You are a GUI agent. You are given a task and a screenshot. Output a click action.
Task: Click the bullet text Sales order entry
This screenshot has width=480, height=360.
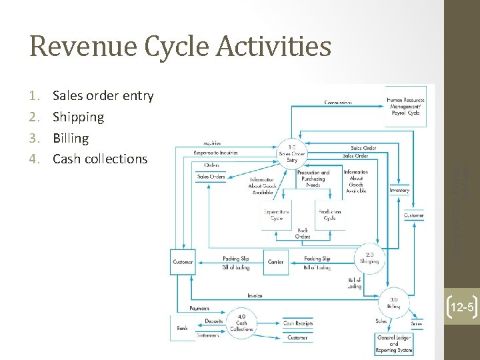(103, 96)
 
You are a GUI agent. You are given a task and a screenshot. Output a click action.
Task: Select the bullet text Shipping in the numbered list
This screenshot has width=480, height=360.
(78, 117)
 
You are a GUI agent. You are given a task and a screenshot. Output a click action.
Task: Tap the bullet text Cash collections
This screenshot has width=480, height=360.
(100, 159)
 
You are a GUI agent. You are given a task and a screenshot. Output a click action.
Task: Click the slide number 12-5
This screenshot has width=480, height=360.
(461, 307)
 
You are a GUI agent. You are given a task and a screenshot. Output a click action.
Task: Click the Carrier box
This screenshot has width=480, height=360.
(275, 262)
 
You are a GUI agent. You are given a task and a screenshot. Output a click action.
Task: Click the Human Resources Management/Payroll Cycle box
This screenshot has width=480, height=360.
(405, 105)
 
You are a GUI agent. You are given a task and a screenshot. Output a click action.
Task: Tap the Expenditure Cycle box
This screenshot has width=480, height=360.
(276, 215)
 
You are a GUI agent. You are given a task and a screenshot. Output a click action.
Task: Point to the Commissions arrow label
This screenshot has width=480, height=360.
(338, 102)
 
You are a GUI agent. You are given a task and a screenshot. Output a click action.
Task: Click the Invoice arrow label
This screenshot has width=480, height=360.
(255, 295)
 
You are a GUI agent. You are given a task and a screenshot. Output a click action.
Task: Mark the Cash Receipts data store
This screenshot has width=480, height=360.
(297, 323)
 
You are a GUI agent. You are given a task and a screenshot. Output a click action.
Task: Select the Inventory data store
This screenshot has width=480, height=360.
(399, 191)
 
